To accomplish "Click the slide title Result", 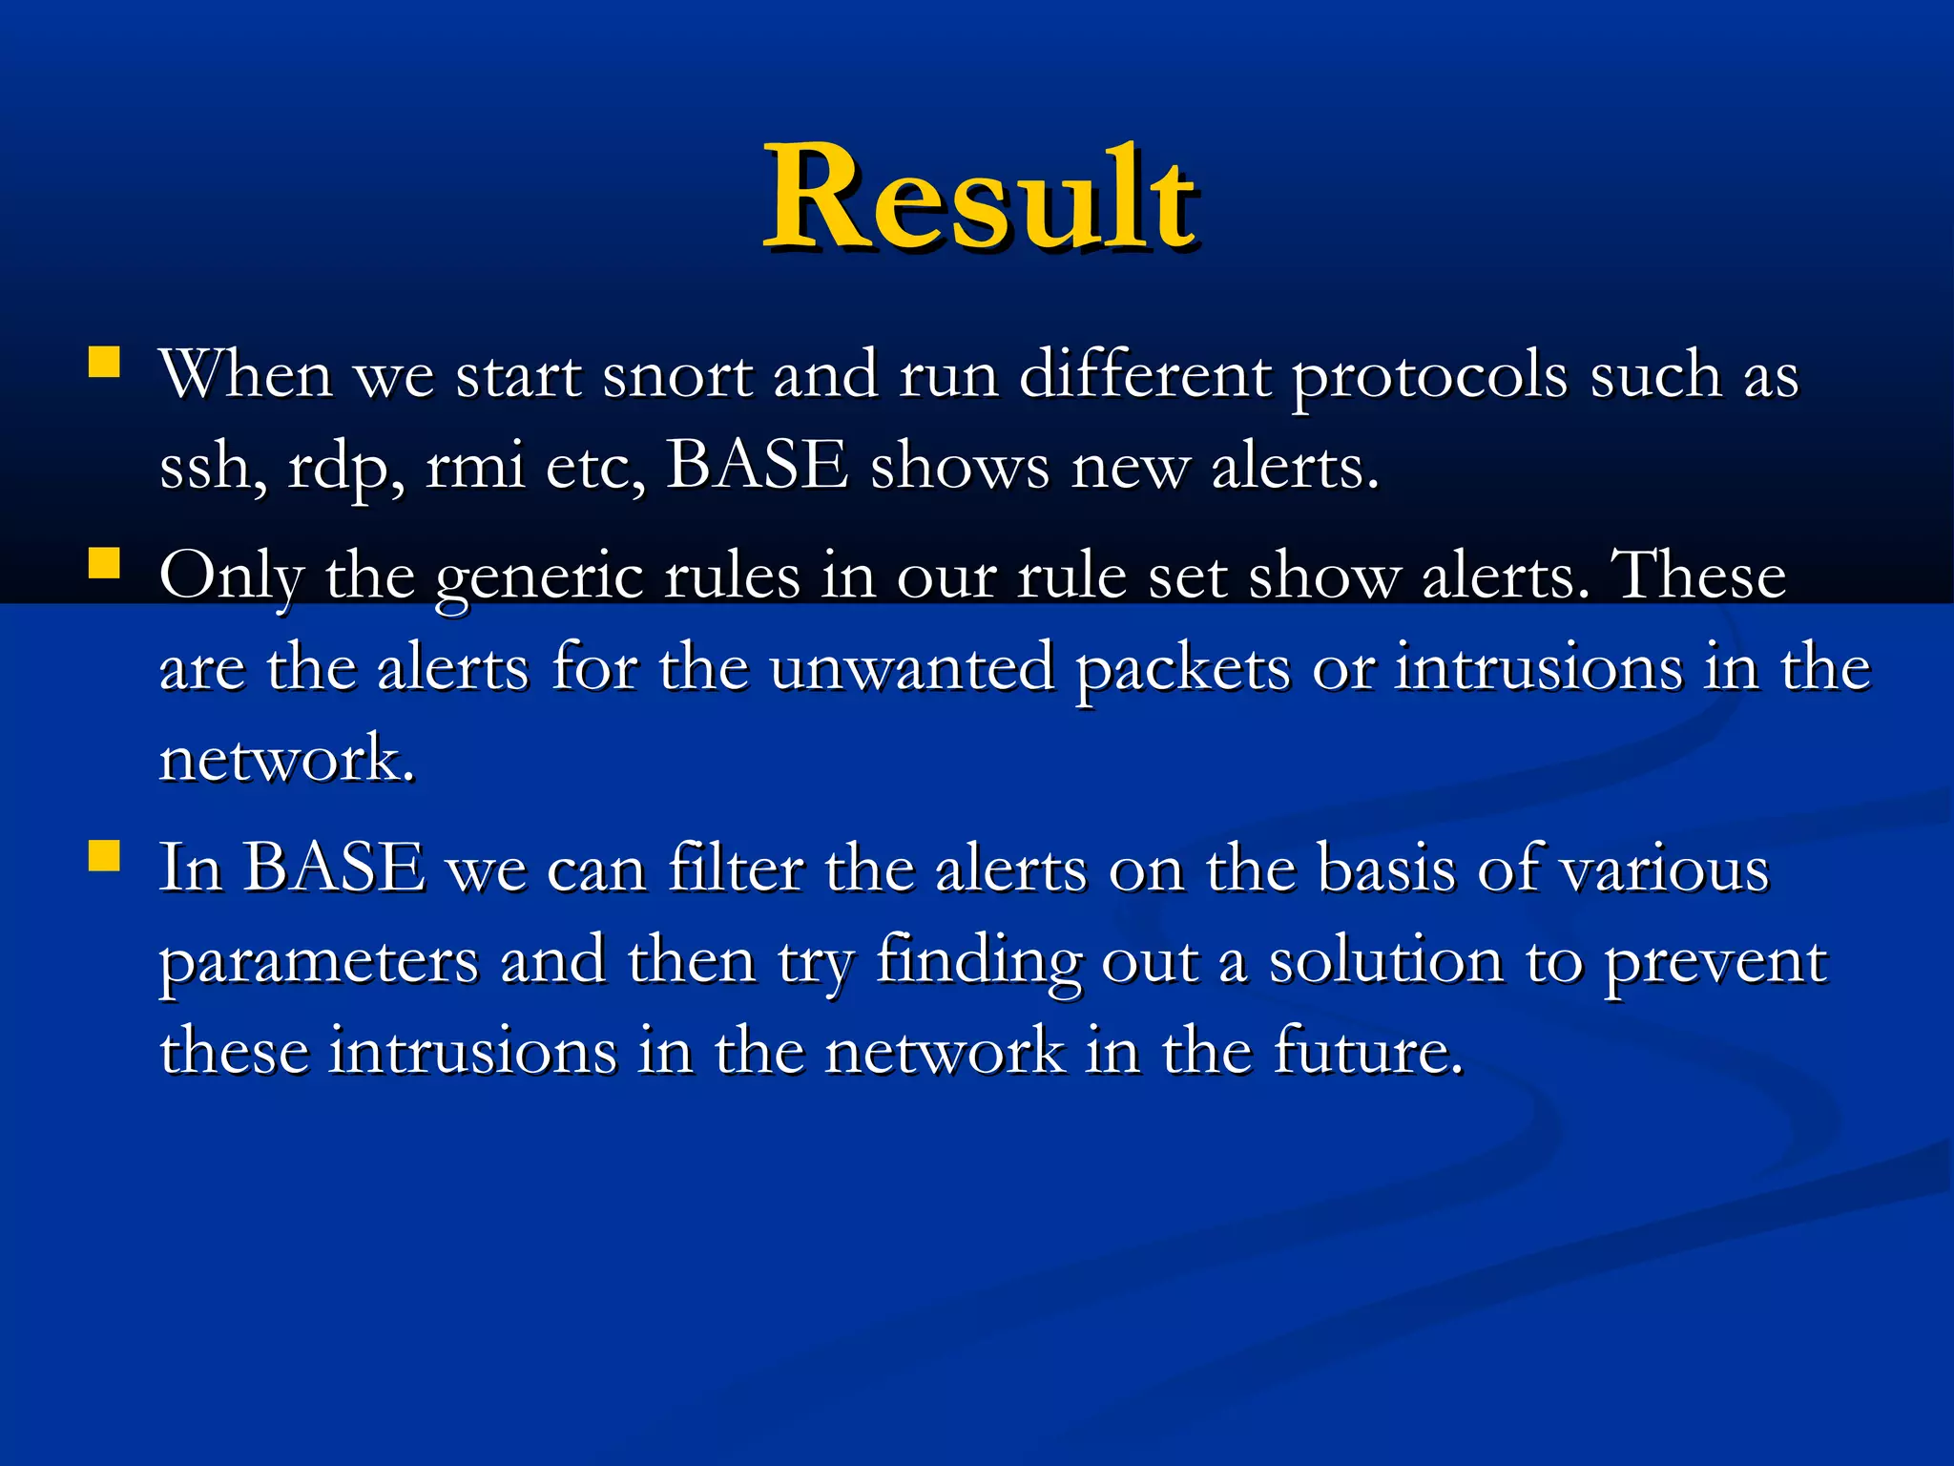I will click(x=981, y=199).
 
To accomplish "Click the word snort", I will click(x=677, y=375).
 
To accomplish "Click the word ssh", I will click(x=210, y=468).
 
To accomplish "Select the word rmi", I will click(x=474, y=468).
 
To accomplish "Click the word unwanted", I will click(x=911, y=667).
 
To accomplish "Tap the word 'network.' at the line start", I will click(x=286, y=759).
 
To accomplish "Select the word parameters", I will click(x=319, y=962).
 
